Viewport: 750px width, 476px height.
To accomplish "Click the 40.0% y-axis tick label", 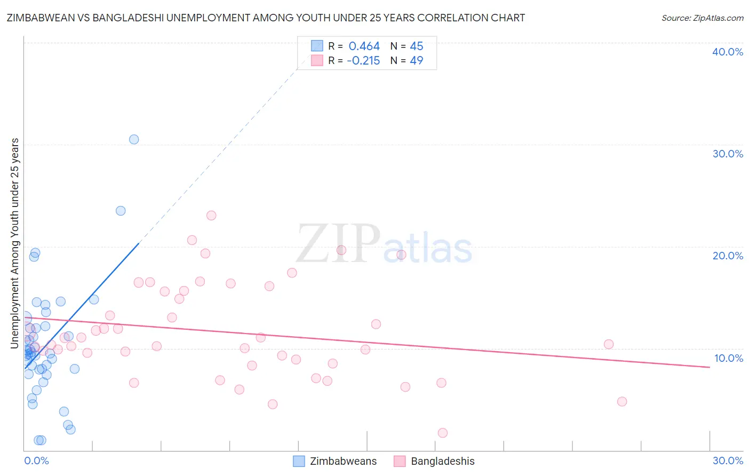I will (x=728, y=52).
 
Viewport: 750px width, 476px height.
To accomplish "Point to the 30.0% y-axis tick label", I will (x=728, y=154).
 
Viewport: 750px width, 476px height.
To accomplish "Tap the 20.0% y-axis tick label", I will (x=728, y=256).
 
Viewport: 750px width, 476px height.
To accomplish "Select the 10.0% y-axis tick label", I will (x=729, y=358).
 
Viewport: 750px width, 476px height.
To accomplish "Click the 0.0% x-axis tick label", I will (x=36, y=461).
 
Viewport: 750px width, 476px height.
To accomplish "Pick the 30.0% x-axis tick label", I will (x=728, y=461).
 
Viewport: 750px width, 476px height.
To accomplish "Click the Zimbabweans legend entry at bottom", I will (x=336, y=461).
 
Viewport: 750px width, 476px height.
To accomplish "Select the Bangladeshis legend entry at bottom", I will (x=435, y=461).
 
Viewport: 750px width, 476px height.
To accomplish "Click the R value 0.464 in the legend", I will (x=364, y=46).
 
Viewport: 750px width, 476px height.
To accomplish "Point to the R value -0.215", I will (x=363, y=61).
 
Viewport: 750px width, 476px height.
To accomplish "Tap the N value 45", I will (x=417, y=46).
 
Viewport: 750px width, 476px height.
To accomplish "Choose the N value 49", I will (x=417, y=61).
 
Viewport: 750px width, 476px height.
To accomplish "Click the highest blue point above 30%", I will (x=134, y=139).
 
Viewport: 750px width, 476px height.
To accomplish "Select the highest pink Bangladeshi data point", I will (x=211, y=216).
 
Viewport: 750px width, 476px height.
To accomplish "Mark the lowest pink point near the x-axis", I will (x=442, y=433).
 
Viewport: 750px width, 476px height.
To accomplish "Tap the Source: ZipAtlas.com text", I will (x=702, y=18).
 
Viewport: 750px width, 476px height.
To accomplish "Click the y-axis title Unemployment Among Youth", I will (x=15, y=243).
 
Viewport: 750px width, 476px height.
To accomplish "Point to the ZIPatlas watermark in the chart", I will (x=384, y=244).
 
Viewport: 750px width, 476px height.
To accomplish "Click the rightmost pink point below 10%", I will (x=621, y=401).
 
